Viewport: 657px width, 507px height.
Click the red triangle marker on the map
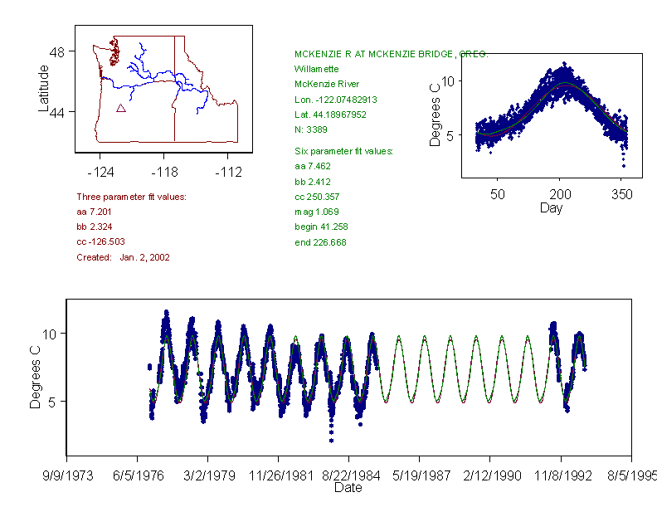(121, 108)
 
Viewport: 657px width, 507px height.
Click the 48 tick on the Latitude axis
(57, 51)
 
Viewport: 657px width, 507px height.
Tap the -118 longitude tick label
(163, 173)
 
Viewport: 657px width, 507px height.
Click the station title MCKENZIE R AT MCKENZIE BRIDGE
(391, 54)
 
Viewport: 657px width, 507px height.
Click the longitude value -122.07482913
(335, 100)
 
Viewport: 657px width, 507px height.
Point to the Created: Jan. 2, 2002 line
(123, 257)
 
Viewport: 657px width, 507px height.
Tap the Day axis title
(551, 207)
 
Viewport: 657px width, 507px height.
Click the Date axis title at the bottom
(348, 488)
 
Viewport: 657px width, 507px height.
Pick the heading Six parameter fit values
(343, 151)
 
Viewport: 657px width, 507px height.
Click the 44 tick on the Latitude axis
(57, 111)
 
